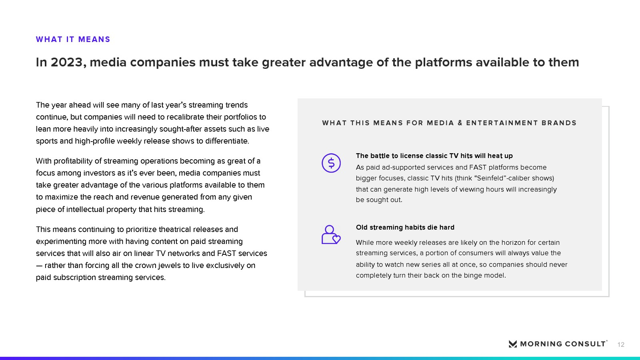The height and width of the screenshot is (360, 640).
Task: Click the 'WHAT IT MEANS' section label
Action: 73,39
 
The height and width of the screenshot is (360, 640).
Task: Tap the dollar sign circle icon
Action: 331,163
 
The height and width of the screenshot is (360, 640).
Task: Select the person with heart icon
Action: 331,234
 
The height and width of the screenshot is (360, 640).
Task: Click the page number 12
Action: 621,344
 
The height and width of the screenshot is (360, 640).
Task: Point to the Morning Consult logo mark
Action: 513,344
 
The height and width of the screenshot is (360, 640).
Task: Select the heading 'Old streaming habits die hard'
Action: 405,228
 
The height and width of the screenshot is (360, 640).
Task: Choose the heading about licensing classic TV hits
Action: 434,156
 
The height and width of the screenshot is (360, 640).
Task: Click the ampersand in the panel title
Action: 460,123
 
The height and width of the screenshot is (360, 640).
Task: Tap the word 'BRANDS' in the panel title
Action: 559,123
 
